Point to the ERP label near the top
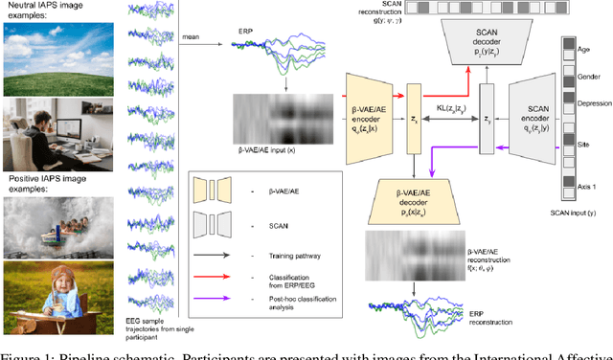[x=246, y=31]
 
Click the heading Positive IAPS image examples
[x=58, y=178]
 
